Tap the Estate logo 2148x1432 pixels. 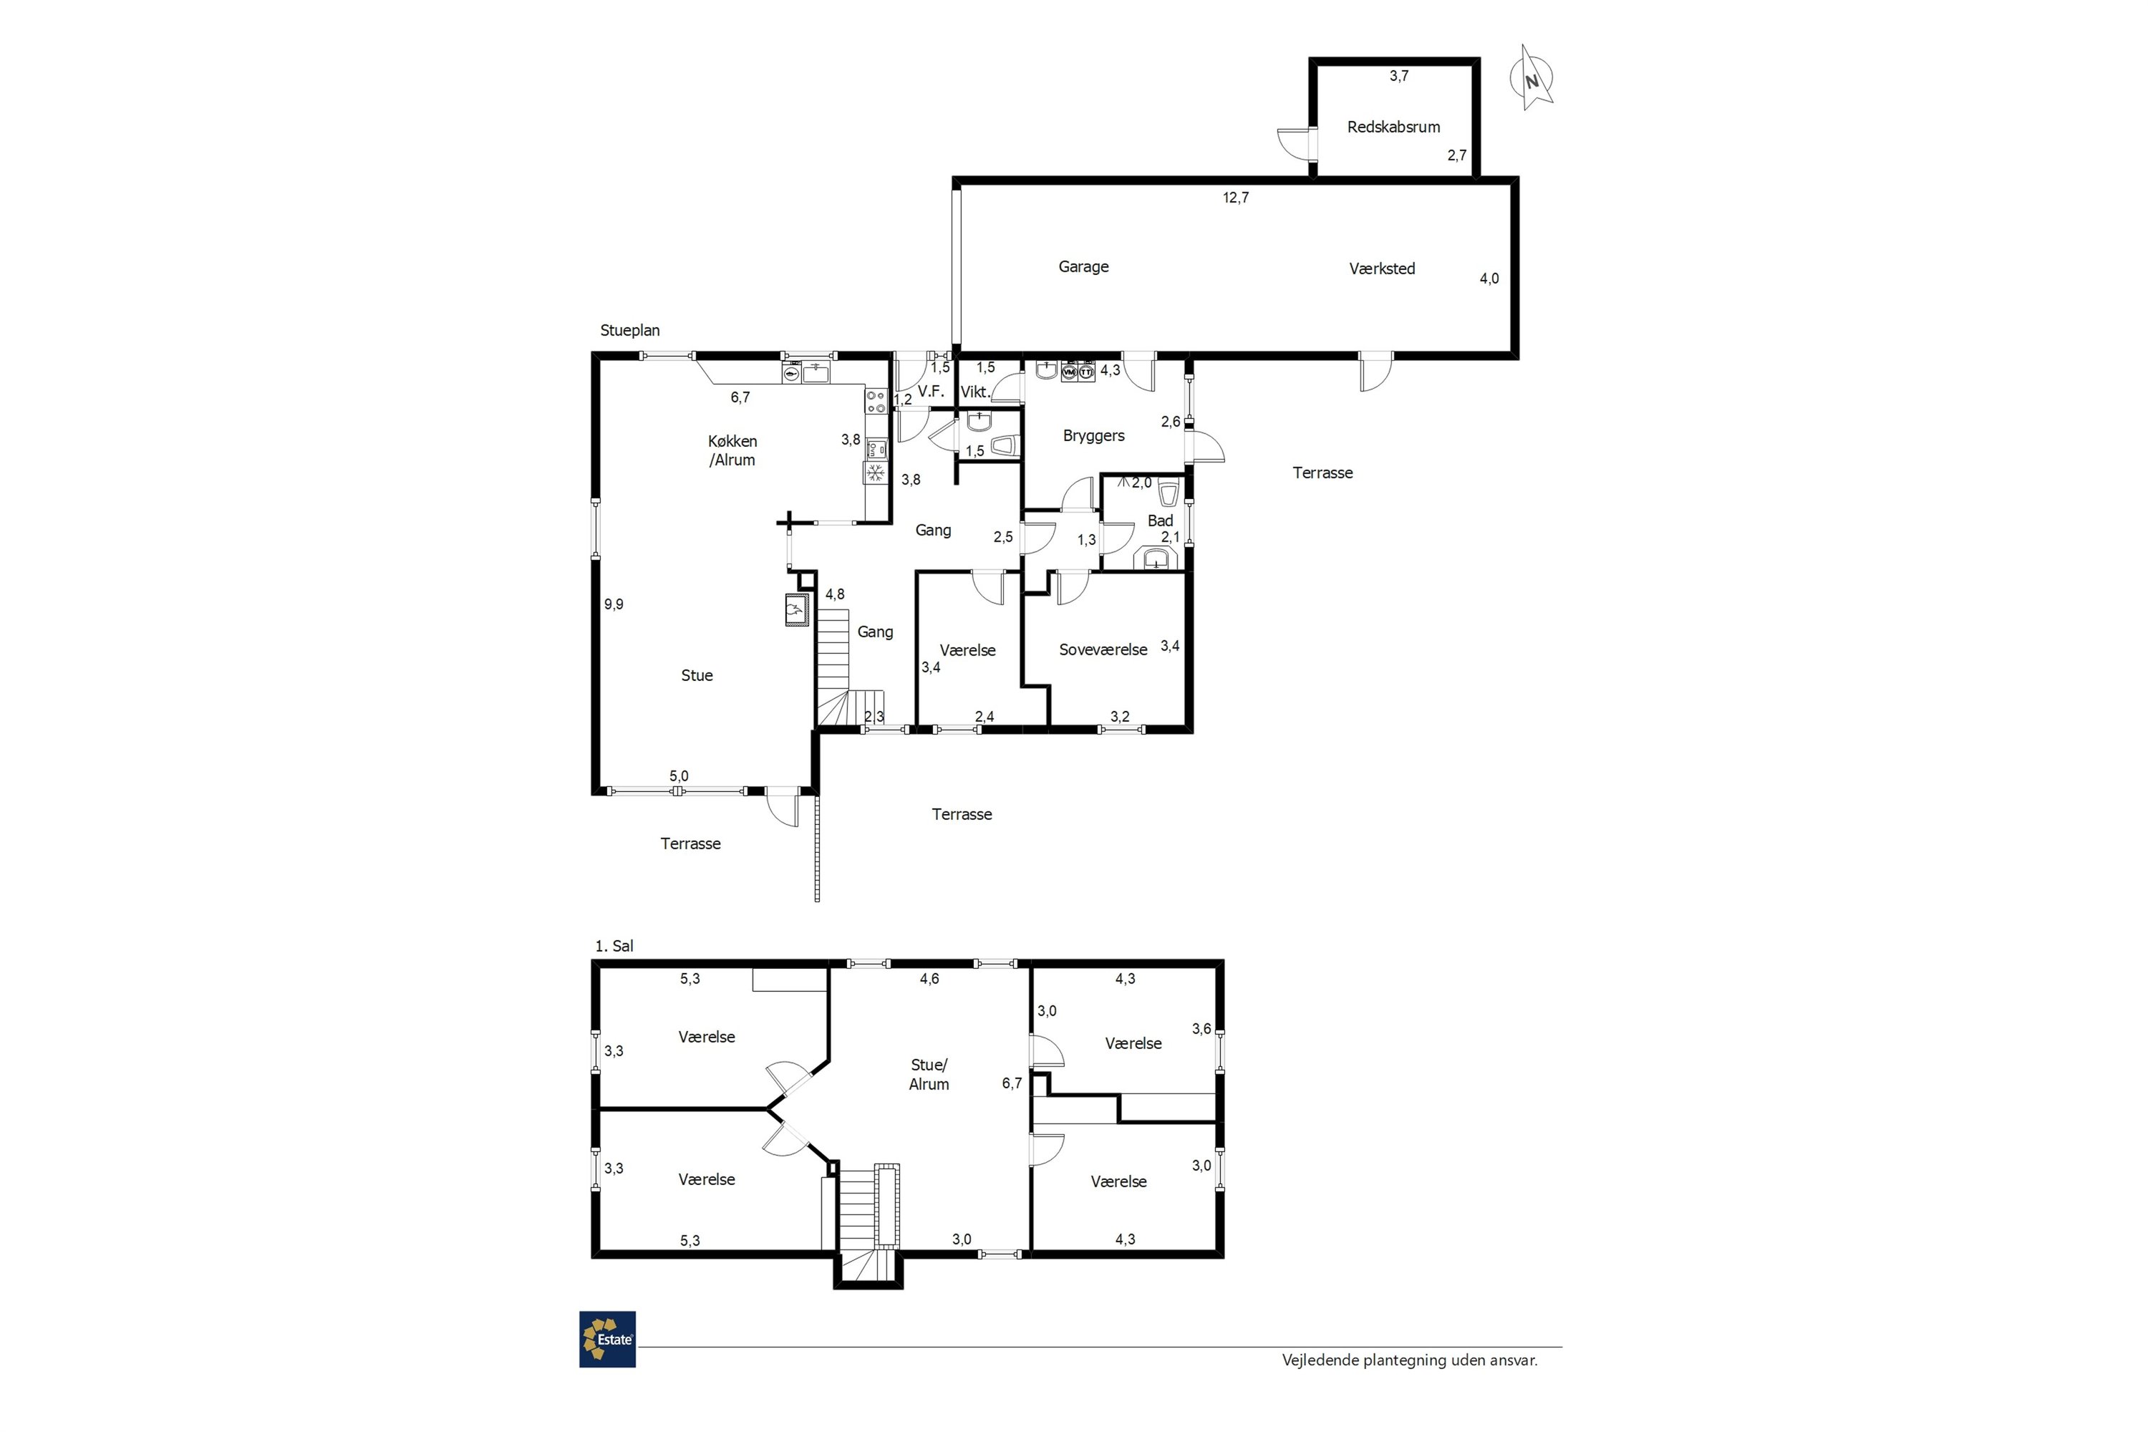tap(607, 1339)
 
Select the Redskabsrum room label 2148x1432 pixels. tap(1393, 127)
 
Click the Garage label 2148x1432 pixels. tap(1083, 266)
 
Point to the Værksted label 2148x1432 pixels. tap(1382, 268)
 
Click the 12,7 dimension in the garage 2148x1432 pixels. tap(1236, 198)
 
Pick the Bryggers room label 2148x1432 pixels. tap(1093, 435)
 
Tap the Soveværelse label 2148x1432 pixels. tap(1103, 649)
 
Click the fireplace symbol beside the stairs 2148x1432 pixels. tap(796, 609)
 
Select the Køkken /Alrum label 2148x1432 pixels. tap(732, 450)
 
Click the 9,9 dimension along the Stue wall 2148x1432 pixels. tap(614, 604)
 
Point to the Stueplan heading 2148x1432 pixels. tap(629, 331)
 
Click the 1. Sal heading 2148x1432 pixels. tap(614, 946)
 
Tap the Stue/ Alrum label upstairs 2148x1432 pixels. tap(929, 1075)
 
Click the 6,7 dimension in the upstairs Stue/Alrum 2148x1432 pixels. tap(1012, 1083)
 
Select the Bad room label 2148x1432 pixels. tap(1160, 521)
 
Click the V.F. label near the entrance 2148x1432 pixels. tap(931, 391)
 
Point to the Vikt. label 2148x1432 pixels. tap(975, 392)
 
